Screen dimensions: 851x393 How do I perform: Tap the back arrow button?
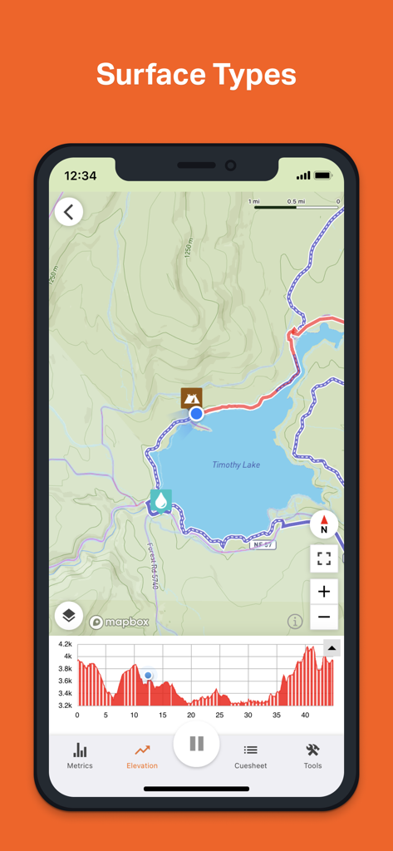pyautogui.click(x=69, y=212)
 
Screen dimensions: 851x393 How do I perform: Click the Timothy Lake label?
pyautogui.click(x=236, y=465)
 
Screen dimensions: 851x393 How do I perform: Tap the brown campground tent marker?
pyautogui.click(x=192, y=397)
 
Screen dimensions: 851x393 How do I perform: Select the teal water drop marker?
pyautogui.click(x=160, y=500)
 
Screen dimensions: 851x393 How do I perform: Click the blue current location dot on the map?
pyautogui.click(x=196, y=413)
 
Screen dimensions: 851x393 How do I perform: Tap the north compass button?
pyautogui.click(x=324, y=524)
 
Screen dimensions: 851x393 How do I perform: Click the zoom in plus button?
pyautogui.click(x=324, y=591)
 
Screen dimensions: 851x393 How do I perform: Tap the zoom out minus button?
pyautogui.click(x=324, y=617)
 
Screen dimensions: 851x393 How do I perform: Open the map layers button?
pyautogui.click(x=69, y=616)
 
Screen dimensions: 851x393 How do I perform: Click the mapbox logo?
pyautogui.click(x=119, y=622)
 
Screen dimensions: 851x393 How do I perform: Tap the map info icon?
pyautogui.click(x=295, y=621)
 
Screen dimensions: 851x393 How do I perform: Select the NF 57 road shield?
pyautogui.click(x=263, y=544)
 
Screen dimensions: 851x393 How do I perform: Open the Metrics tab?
pyautogui.click(x=80, y=755)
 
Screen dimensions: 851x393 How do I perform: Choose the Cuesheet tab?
pyautogui.click(x=250, y=755)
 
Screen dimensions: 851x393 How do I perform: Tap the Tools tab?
pyautogui.click(x=312, y=755)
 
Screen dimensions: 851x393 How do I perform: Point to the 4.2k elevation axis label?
pyautogui.click(x=65, y=644)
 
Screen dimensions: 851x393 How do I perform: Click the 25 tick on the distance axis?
pyautogui.click(x=219, y=715)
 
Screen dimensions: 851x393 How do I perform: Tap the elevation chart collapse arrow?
pyautogui.click(x=332, y=648)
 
